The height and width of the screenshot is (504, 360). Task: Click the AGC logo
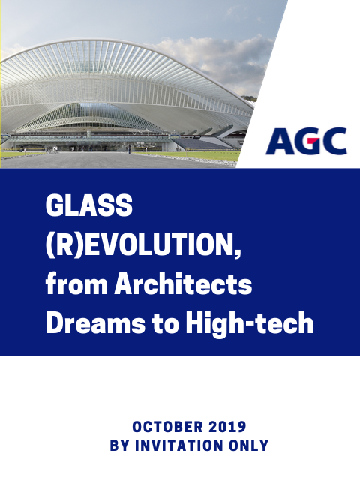(x=306, y=141)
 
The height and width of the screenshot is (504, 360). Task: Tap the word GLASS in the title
(x=89, y=205)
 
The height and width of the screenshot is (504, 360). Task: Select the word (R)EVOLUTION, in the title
(x=143, y=245)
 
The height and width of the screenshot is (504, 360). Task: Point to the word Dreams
(x=95, y=322)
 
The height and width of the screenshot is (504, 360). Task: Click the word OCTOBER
(x=167, y=427)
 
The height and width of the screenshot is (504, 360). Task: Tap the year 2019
(x=227, y=427)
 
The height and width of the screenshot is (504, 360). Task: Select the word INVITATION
(x=178, y=445)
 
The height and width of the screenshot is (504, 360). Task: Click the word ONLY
(x=248, y=445)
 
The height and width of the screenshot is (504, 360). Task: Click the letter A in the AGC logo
(x=278, y=141)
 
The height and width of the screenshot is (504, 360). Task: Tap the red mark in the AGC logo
(x=311, y=140)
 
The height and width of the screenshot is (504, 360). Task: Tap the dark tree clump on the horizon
(x=249, y=98)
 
